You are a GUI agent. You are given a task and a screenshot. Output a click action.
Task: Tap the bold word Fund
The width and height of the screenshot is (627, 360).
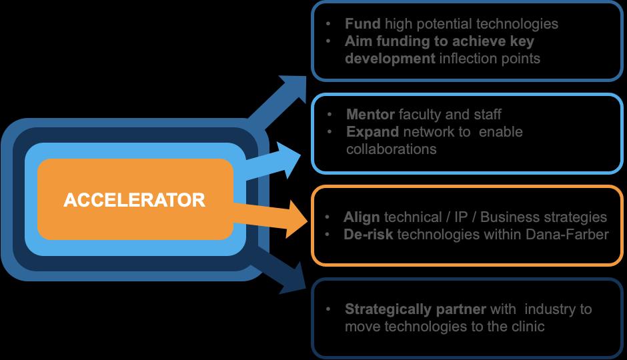point(362,24)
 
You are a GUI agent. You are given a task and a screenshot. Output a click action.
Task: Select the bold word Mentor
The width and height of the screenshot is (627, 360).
point(370,115)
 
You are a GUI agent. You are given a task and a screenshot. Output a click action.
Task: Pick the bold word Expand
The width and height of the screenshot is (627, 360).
point(372,132)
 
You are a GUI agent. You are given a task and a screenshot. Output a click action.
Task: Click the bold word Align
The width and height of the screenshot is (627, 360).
point(362,217)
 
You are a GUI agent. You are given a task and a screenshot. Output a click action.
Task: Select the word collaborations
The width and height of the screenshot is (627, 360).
point(391,149)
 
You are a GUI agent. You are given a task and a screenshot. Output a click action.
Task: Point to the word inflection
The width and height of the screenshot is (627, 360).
point(470,59)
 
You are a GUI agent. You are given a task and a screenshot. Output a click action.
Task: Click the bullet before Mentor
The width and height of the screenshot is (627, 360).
point(332,115)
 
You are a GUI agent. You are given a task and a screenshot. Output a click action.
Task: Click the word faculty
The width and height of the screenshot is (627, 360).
point(420,115)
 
